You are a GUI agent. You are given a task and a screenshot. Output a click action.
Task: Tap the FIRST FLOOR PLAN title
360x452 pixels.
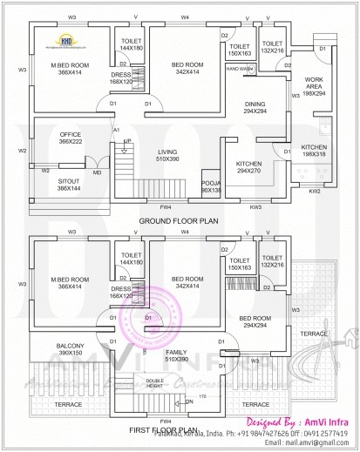pos(178,429)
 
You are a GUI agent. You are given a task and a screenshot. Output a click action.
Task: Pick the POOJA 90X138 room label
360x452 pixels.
pos(212,184)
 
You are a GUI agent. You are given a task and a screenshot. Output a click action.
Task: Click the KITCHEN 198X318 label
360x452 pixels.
pos(315,150)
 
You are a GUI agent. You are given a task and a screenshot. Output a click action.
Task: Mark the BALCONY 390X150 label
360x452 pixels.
pos(70,350)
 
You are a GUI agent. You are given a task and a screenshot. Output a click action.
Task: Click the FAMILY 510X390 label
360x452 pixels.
pos(177,354)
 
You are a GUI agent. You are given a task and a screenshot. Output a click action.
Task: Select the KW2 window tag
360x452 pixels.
pos(315,190)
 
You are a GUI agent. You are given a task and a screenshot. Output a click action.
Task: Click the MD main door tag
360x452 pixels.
pos(97,172)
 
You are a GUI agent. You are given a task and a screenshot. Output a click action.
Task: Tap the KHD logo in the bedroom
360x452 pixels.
pos(66,40)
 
